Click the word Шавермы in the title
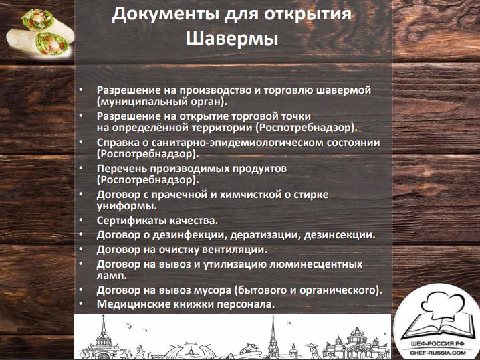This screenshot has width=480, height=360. coord(232,39)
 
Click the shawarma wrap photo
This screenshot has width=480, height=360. coord(40,32)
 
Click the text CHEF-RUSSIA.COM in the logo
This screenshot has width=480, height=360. coord(438,353)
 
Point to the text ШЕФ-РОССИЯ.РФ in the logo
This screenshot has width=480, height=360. coord(438,345)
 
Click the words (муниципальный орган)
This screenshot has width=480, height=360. coord(162,102)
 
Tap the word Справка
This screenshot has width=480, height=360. coord(117,143)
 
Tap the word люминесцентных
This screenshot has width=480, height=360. coord(316,264)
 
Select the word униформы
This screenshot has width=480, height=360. coord(127,206)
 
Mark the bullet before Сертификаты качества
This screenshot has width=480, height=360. coord(81,220)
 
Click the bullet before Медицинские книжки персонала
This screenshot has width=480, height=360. coord(81,304)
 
